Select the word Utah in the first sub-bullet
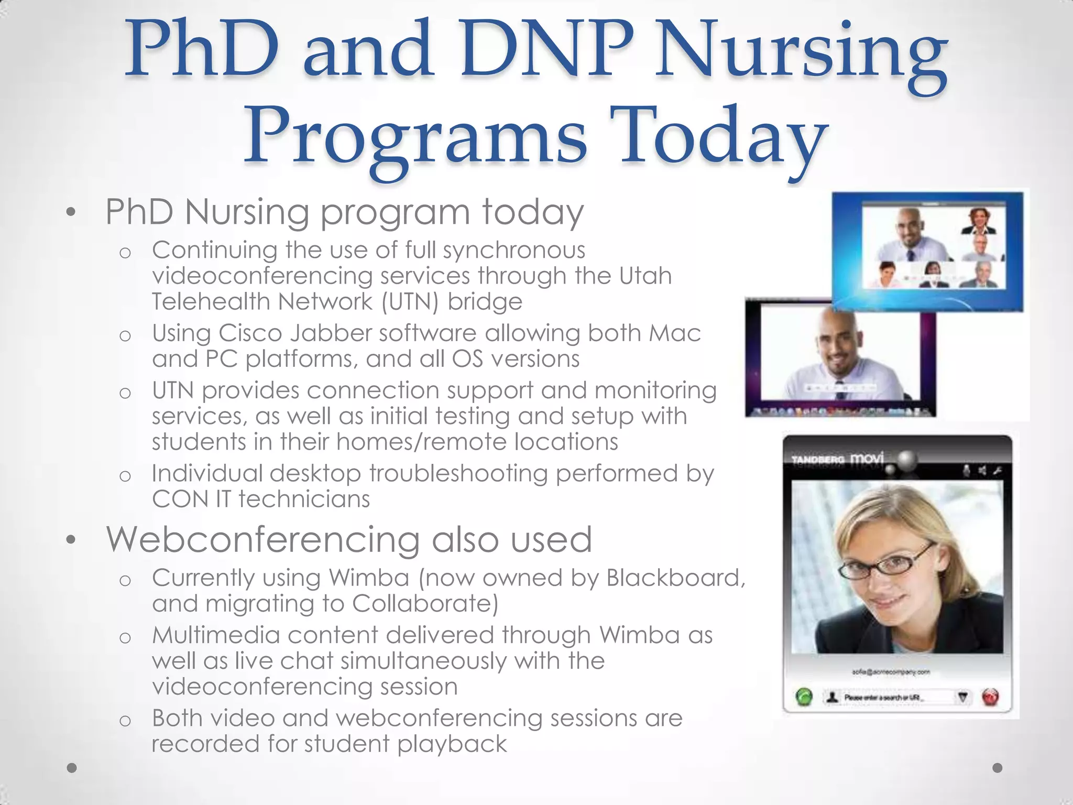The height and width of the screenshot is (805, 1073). pos(645,276)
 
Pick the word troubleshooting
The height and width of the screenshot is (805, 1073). pos(458,474)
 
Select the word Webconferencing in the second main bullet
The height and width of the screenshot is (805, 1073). pos(263,539)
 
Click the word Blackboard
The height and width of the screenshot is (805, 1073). pos(676,578)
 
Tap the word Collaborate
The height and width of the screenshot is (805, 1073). pos(424,604)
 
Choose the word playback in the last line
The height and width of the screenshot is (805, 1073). pos(452,744)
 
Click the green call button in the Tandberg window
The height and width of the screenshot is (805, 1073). pos(804,698)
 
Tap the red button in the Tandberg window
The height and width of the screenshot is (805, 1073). pos(990,698)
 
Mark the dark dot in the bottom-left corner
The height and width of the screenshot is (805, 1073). pos(72,768)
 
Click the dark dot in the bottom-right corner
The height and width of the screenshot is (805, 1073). pos(998,768)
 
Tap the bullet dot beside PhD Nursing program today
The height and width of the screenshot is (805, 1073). pos(71,213)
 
